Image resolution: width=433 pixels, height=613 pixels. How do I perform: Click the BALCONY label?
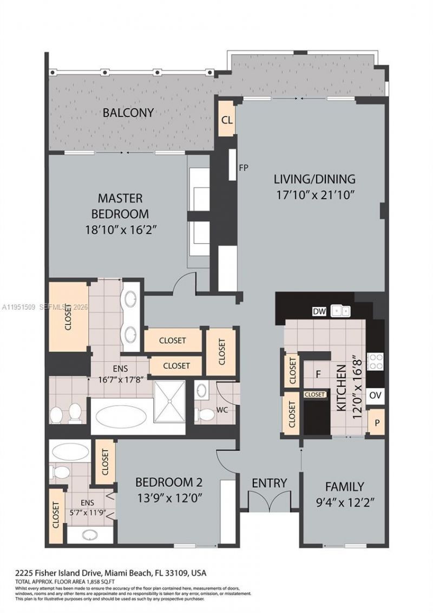pyautogui.click(x=128, y=113)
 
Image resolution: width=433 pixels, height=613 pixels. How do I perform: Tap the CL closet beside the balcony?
pyautogui.click(x=227, y=120)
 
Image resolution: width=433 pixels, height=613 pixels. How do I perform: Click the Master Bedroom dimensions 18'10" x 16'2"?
pyautogui.click(x=120, y=230)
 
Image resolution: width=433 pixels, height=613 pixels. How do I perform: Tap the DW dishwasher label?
pyautogui.click(x=319, y=311)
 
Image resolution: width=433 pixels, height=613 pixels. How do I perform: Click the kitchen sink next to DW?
pyautogui.click(x=342, y=311)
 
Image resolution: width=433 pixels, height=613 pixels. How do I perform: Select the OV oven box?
pyautogui.click(x=375, y=395)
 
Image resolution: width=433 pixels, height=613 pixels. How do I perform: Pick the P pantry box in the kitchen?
pyautogui.click(x=375, y=423)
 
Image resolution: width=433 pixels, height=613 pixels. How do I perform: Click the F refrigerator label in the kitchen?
pyautogui.click(x=319, y=374)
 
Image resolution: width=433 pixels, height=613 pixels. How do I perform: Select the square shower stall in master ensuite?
pyautogui.click(x=169, y=401)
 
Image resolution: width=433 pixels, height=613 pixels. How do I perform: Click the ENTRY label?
pyautogui.click(x=269, y=483)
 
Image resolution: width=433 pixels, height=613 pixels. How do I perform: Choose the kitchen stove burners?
pyautogui.click(x=375, y=361)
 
